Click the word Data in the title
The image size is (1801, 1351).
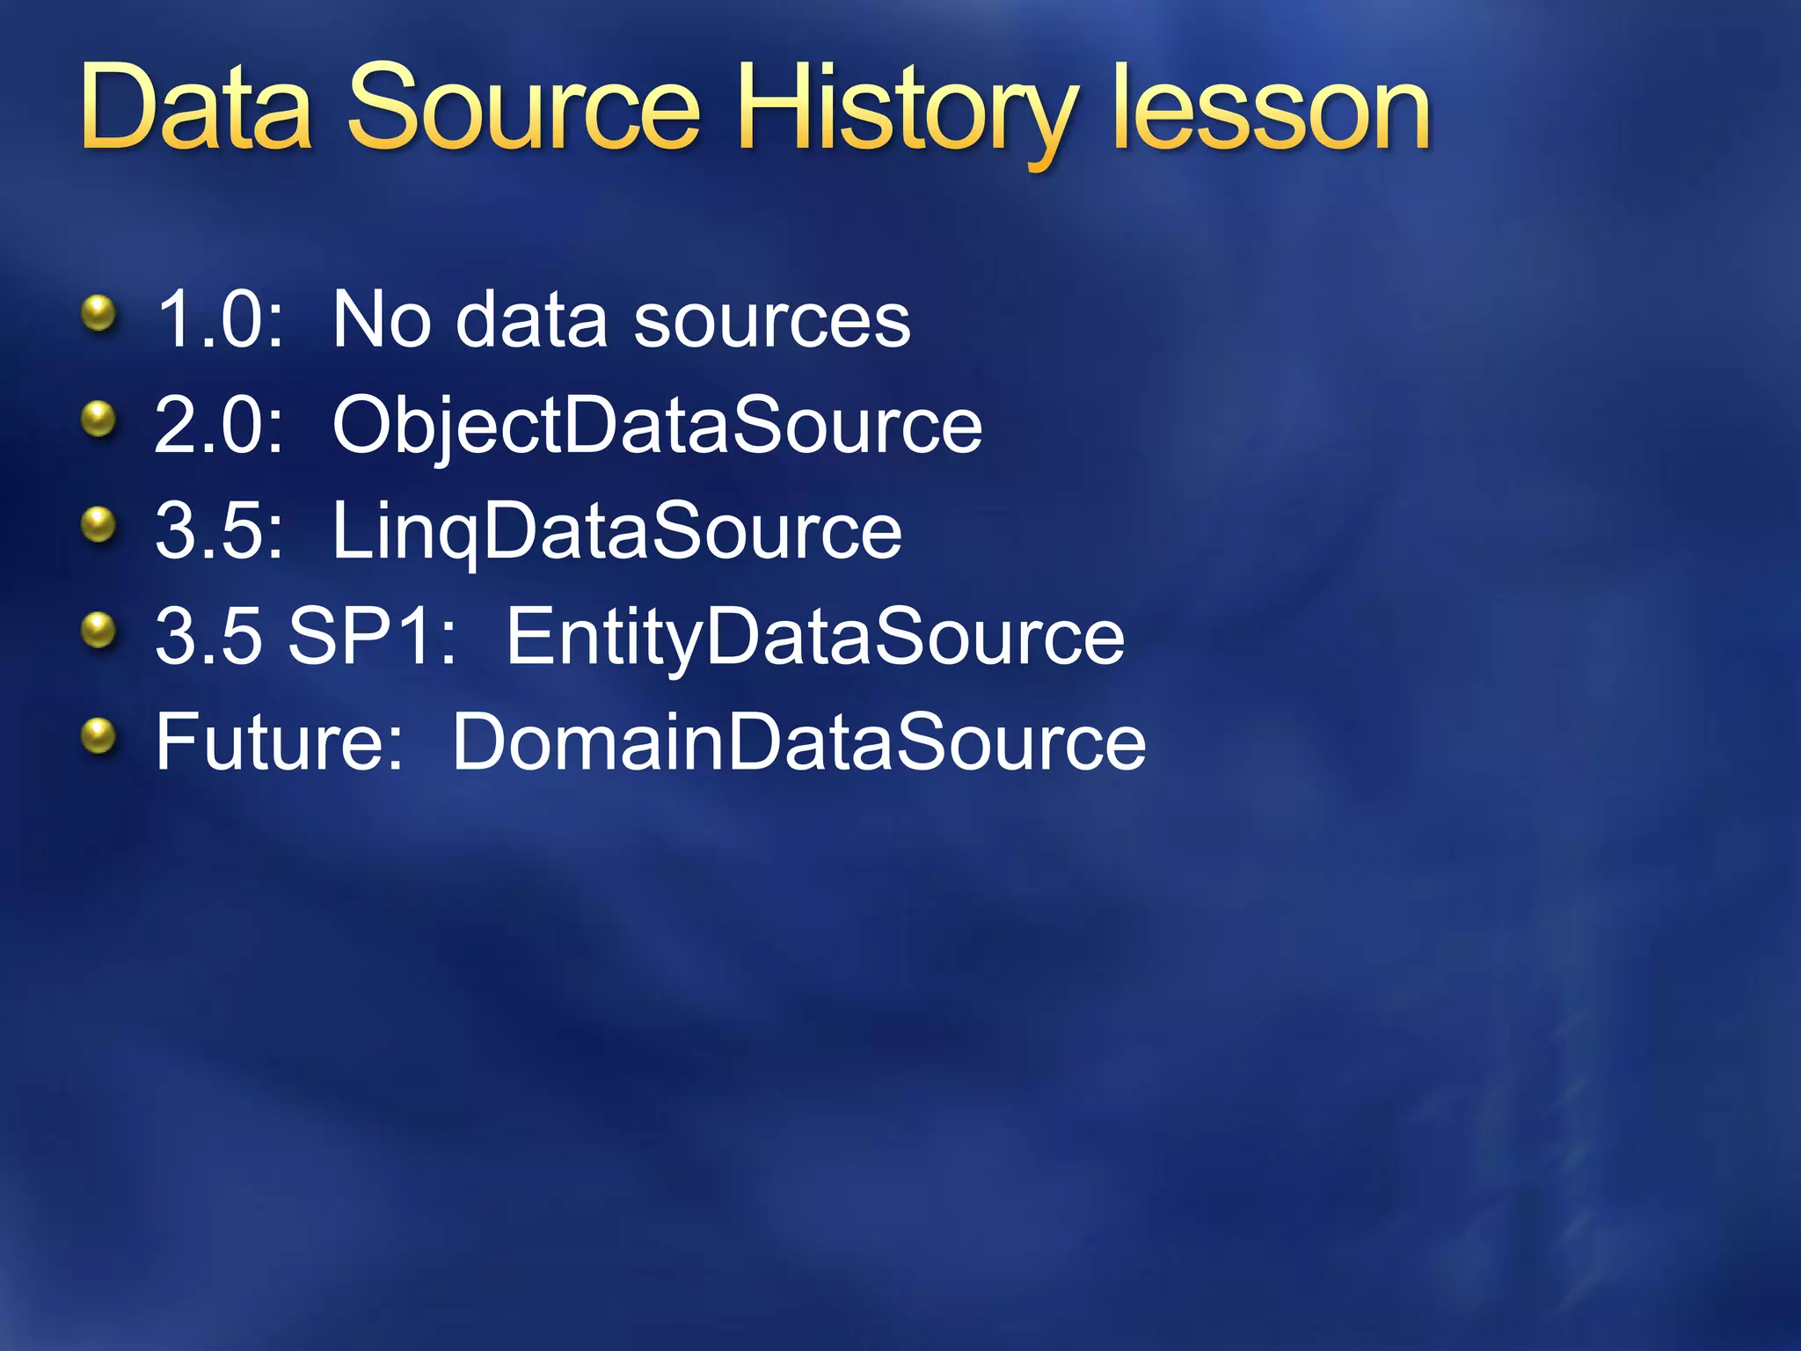tap(196, 110)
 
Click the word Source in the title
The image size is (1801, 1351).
tap(524, 110)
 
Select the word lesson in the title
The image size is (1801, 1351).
tap(1271, 110)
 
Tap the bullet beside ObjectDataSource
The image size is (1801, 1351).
tap(98, 420)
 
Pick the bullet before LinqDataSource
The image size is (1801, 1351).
tap(98, 525)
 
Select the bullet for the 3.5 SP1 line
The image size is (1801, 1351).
tap(98, 631)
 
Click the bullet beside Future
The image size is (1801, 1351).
tap(98, 736)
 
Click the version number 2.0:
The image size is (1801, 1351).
tap(220, 426)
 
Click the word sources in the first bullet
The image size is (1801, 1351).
tap(772, 321)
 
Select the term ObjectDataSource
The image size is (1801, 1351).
tap(657, 427)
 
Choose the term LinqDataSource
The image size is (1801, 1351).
tap(616, 532)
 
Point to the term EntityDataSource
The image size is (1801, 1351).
tap(815, 639)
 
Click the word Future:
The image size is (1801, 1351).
tap(279, 742)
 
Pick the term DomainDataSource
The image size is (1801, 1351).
tap(798, 743)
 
